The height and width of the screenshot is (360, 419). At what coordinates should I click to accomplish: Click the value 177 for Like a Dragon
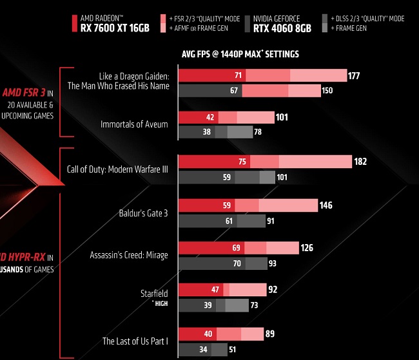353,76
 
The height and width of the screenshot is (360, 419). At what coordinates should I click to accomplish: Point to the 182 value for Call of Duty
360,162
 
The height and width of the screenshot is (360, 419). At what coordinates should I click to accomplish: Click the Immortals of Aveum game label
134,124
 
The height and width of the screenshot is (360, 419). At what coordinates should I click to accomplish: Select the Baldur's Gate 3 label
143,213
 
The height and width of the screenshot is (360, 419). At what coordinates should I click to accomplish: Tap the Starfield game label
154,294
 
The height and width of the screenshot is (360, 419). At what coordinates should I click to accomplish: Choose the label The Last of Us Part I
135,341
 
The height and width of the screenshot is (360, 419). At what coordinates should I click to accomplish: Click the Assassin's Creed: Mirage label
129,255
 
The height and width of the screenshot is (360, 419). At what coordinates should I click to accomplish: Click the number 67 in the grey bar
234,91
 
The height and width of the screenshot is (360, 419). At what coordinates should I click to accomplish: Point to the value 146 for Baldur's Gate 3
326,205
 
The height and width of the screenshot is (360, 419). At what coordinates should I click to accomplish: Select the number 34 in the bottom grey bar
204,350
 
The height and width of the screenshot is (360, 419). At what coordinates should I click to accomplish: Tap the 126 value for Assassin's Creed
307,247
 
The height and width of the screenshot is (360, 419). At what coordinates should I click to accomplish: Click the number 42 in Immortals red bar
210,118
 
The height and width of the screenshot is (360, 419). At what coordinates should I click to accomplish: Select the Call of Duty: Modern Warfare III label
117,170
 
